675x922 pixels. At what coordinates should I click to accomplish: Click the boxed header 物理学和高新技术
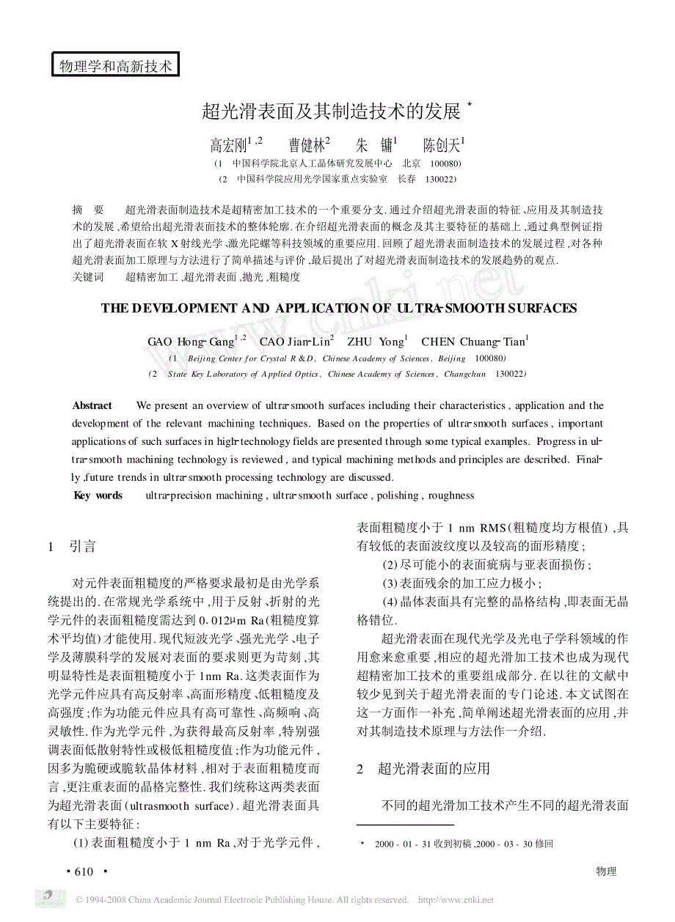[x=116, y=66]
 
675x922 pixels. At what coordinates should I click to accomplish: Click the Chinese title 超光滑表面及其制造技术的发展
[x=331, y=112]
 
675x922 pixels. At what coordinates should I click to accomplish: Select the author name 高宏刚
[x=228, y=145]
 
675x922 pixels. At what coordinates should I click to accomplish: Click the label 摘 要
[x=89, y=210]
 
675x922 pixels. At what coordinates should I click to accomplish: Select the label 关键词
[x=89, y=277]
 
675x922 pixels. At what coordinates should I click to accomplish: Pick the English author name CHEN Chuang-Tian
[x=473, y=342]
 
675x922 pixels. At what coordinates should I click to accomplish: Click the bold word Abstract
[x=92, y=406]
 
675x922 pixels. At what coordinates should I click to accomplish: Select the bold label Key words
[x=98, y=495]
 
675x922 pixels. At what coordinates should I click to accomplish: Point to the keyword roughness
[x=451, y=495]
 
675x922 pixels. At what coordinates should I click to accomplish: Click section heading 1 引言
[x=72, y=547]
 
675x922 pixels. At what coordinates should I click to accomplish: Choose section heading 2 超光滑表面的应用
[x=423, y=769]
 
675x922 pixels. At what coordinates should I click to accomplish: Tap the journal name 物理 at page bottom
[x=606, y=871]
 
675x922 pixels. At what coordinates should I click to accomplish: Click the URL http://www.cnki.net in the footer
[x=456, y=900]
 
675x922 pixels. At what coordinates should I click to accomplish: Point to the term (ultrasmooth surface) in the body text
[x=172, y=804]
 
